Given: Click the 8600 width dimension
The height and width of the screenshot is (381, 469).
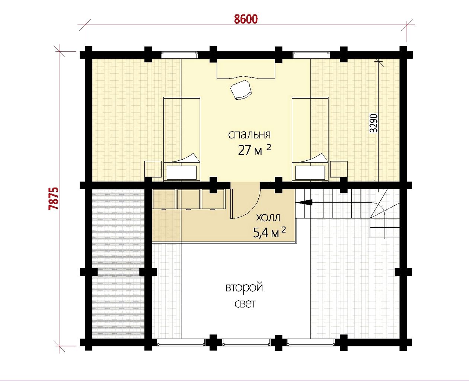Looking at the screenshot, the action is [246, 19].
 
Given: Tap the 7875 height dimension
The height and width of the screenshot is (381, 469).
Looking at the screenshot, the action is [54, 199].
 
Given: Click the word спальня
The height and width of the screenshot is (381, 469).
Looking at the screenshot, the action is [249, 135].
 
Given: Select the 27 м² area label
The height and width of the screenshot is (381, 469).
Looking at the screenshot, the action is [254, 150].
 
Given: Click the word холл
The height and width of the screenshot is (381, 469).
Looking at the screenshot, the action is [268, 218].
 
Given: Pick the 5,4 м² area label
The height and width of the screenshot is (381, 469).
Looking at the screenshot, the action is [269, 233].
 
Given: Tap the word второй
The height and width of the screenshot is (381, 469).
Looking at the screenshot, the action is [244, 288].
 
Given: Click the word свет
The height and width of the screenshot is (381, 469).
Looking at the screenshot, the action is [245, 304].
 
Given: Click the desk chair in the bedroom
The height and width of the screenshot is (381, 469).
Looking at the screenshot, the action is [241, 90].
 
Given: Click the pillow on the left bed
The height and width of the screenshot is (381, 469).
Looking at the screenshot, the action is [181, 173].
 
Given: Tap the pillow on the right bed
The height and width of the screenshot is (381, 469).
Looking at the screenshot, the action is [310, 173].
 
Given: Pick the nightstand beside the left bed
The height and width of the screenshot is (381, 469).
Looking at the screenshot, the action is [153, 169].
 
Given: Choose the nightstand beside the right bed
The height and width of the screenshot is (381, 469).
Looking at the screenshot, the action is [339, 169].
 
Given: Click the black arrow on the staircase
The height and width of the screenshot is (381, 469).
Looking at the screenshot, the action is [304, 202].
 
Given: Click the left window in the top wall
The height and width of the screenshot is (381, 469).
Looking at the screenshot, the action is [179, 55].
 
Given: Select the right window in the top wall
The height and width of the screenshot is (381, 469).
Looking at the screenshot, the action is [311, 55].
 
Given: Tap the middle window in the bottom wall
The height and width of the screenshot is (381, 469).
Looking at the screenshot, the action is [246, 348].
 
